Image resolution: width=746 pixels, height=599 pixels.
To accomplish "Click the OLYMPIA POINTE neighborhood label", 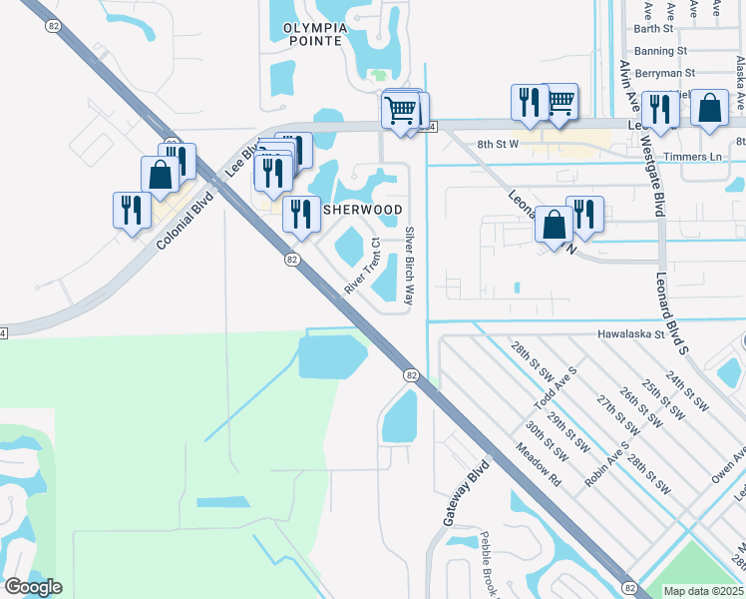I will (x=314, y=35).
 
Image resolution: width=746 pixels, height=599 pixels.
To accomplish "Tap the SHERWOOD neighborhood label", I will (x=362, y=210).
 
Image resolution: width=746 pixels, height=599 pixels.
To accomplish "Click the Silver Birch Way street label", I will (x=409, y=266).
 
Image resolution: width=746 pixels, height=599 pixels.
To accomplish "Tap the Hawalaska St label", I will (x=630, y=335).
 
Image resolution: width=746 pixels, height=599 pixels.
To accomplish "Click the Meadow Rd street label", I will (x=539, y=466).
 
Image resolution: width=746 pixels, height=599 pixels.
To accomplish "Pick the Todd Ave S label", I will (x=556, y=384).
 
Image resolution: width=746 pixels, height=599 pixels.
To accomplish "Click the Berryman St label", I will (x=663, y=73).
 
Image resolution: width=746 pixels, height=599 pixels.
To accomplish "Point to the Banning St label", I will (x=660, y=50).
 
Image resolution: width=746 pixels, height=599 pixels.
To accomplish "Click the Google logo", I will (x=33, y=587).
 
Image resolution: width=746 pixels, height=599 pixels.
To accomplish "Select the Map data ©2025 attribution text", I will (x=704, y=591).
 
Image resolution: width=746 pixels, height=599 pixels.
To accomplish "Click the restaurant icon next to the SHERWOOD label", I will (x=300, y=214).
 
